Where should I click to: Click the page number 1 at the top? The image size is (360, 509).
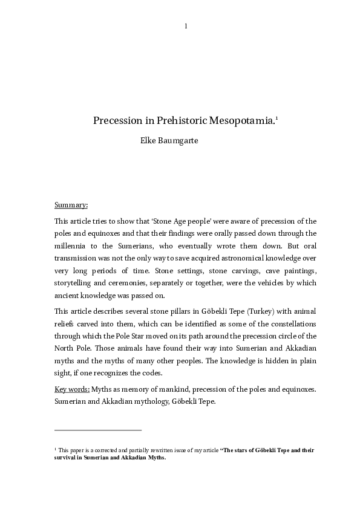pyautogui.click(x=185, y=25)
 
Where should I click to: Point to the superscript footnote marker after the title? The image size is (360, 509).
pyautogui.click(x=277, y=117)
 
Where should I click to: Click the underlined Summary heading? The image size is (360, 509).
pyautogui.click(x=71, y=206)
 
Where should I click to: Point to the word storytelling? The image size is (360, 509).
pyautogui.click(x=74, y=284)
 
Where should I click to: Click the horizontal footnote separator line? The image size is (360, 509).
pyautogui.click(x=97, y=430)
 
